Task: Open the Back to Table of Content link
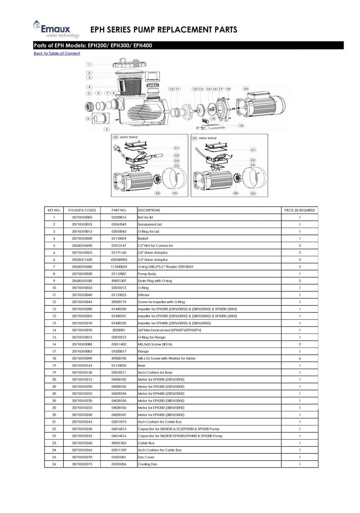[57, 54]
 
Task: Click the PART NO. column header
[119, 210]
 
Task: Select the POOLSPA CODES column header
[82, 210]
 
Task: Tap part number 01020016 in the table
[119, 217]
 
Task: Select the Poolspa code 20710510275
[82, 464]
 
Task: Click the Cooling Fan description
[148, 464]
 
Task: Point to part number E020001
[119, 330]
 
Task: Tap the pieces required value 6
[300, 359]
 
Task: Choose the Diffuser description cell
[144, 295]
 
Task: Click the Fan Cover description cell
[146, 457]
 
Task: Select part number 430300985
[119, 260]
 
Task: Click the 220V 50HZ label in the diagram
[129, 137]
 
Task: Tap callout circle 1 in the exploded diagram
[89, 65]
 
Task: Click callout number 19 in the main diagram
[241, 126]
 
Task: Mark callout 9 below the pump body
[107, 129]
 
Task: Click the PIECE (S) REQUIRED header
[300, 210]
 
